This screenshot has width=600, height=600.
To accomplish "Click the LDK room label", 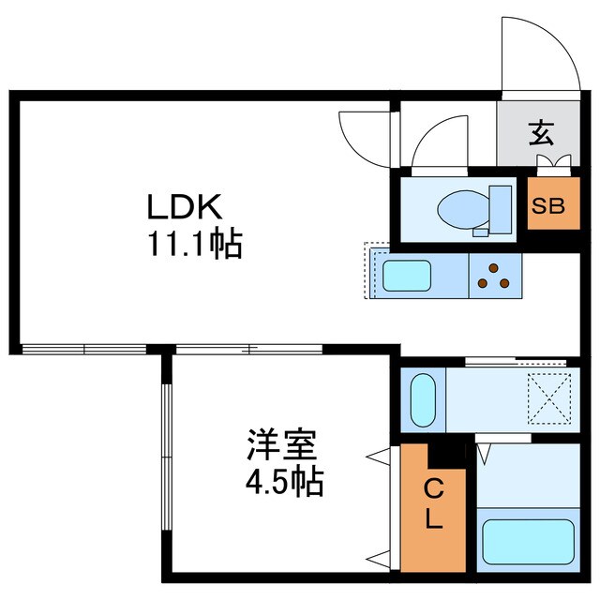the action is pyautogui.click(x=185, y=206).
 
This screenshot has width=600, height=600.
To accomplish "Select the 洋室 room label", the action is pyautogui.click(x=282, y=444).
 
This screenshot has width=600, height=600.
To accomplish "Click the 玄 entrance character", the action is pyautogui.click(x=541, y=133).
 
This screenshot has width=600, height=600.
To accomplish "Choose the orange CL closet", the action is pyautogui.click(x=433, y=508).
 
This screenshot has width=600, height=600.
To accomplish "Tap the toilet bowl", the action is pyautogui.click(x=464, y=209).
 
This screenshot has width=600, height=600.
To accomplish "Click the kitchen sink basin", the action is pyautogui.click(x=407, y=276).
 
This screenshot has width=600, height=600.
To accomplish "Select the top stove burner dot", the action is pyautogui.click(x=494, y=268).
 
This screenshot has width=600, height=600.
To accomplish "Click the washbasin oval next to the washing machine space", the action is pyautogui.click(x=423, y=399).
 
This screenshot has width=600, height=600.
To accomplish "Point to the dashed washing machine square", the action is pyautogui.click(x=549, y=398).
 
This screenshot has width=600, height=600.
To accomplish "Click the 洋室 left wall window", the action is pyautogui.click(x=167, y=457).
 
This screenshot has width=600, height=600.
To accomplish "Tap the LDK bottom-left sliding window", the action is pyautogui.click(x=84, y=349).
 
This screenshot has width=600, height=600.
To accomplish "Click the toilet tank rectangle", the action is pyautogui.click(x=501, y=209).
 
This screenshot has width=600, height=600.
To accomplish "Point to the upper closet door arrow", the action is pyautogui.click(x=378, y=457).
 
